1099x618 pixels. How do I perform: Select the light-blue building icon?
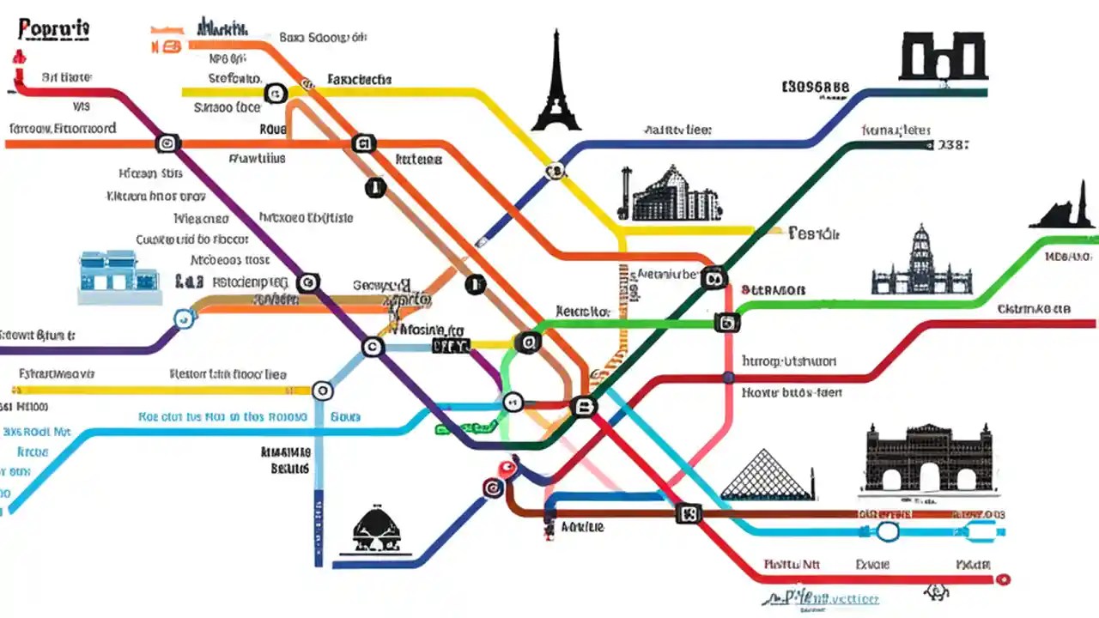pos(119,276)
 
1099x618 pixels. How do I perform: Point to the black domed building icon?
pos(379,528)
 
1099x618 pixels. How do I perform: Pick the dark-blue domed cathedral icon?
pos(921,262)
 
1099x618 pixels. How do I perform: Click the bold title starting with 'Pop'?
pos(54,29)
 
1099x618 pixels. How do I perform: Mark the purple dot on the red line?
pos(728,377)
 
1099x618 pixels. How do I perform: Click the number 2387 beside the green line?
pos(954,145)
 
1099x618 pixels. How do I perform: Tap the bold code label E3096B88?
pos(816,87)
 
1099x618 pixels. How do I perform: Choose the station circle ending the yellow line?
pos(322,391)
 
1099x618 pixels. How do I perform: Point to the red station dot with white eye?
pos(506,468)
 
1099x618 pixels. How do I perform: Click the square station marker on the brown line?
pos(689,513)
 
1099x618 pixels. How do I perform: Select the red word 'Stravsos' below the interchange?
pos(773,290)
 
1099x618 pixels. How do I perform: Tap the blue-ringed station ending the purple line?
pos(182,319)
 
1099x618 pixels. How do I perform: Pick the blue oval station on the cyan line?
pos(887,532)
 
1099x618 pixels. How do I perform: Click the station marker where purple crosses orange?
pos(167,143)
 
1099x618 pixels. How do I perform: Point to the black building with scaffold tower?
pos(670,195)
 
